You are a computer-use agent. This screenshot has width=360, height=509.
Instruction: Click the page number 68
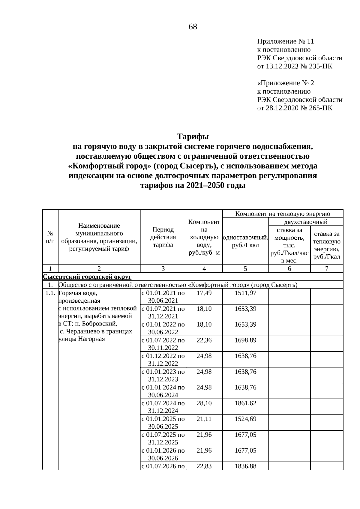click(193, 27)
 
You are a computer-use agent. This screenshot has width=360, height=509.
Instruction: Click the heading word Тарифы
click(193, 137)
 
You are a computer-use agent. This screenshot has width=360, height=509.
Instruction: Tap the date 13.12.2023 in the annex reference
click(282, 66)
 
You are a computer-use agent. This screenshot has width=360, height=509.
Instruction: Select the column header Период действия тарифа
click(163, 237)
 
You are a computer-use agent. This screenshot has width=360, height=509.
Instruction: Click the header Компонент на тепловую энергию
click(283, 214)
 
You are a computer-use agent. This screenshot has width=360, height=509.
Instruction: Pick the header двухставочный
click(305, 222)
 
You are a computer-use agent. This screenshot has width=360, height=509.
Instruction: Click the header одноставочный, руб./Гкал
click(245, 241)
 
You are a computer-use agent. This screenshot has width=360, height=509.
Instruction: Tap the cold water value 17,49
click(204, 293)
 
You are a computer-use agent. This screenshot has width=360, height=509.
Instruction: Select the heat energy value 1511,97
click(245, 293)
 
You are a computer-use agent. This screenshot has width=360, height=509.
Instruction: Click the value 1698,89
click(245, 340)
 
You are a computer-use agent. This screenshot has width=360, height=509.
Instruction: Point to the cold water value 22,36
click(204, 340)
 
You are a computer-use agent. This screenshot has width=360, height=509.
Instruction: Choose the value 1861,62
click(245, 403)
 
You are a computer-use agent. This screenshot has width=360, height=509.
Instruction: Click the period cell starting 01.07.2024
click(163, 407)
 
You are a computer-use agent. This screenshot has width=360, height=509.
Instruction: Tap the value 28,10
click(204, 403)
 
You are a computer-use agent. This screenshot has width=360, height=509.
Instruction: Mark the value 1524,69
click(245, 419)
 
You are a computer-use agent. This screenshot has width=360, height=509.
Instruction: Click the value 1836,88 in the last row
click(245, 466)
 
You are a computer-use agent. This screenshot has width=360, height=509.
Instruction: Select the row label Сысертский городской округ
click(87, 277)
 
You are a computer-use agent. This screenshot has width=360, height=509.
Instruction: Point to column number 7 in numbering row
click(327, 269)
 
